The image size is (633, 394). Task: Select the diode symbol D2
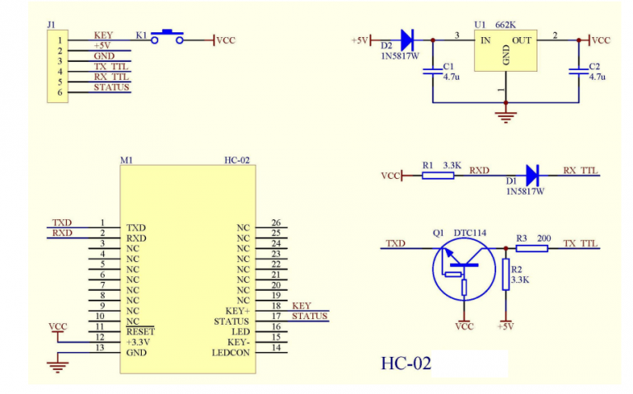tap(406, 39)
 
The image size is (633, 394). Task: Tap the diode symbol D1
tap(532, 175)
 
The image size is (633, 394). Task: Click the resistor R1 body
tap(437, 175)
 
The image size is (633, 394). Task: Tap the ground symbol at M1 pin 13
tap(57, 360)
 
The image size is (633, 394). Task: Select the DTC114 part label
tap(470, 233)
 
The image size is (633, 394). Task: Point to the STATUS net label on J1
tap(111, 87)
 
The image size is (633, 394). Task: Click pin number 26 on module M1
tap(275, 223)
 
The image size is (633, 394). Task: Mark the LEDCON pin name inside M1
tap(231, 353)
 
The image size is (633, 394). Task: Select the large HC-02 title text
tap(406, 363)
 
